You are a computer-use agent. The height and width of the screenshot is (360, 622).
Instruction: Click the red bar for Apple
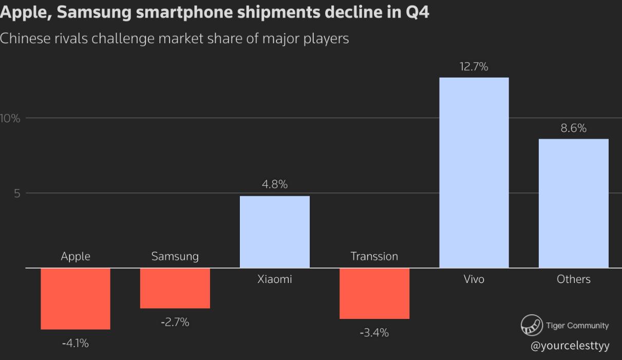76,298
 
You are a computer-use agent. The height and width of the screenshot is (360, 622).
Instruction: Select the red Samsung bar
175,288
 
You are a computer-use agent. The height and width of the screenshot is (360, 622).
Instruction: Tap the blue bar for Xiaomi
275,232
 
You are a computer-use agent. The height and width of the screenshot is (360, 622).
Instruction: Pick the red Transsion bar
374,293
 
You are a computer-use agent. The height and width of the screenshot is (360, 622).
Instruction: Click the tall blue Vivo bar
474,173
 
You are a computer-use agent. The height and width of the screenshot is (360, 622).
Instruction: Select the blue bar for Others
574,203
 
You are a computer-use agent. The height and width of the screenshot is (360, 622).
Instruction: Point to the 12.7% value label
474,67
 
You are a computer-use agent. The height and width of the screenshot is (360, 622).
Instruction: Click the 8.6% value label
573,128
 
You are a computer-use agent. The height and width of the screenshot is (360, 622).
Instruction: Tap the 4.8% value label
275,185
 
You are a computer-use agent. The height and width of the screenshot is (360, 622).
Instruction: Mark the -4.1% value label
76,343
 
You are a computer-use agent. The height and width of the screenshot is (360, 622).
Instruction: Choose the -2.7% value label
175,323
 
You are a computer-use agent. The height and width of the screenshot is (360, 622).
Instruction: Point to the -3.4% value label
374,333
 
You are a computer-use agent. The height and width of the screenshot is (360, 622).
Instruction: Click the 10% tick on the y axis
10,119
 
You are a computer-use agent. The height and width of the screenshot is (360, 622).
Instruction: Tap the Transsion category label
374,256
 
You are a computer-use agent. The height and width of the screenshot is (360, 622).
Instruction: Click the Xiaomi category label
275,279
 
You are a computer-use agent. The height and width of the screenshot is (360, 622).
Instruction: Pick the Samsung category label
175,256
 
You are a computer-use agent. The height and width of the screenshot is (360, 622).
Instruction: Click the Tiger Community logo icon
532,325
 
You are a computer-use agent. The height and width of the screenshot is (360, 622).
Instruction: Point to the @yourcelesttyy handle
570,346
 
